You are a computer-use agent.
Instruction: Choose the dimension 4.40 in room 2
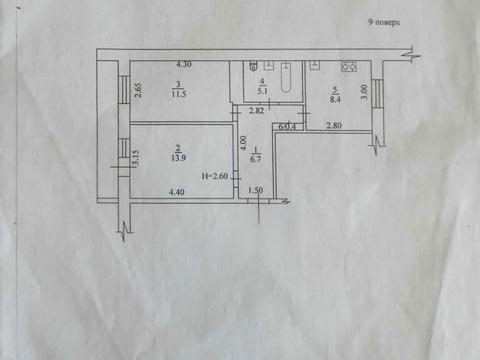point(178,191)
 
